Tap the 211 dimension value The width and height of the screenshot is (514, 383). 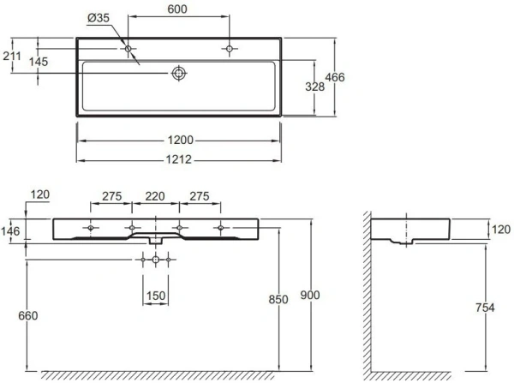pos(12,57)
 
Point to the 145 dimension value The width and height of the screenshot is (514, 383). pos(38,61)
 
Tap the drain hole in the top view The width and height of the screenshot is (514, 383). pos(179,74)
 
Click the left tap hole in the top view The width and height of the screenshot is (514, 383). pos(128,50)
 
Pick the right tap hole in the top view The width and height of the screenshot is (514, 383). pos(230,50)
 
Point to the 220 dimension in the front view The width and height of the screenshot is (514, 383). pos(155,196)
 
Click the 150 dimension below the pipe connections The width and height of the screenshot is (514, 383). pos(155,296)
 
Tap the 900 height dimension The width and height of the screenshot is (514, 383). pos(310,295)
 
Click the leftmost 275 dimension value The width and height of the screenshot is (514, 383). pos(110,196)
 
